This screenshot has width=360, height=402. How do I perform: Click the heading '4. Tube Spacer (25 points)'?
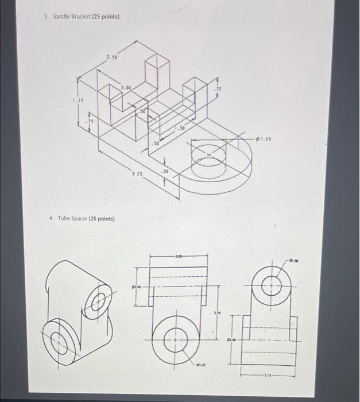pyautogui.click(x=82, y=219)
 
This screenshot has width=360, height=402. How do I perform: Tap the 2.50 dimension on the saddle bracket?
pyautogui.click(x=111, y=58)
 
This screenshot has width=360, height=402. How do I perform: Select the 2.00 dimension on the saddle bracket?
pyautogui.click(x=126, y=87)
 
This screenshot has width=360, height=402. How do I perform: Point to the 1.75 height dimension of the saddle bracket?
pyautogui.click(x=78, y=100)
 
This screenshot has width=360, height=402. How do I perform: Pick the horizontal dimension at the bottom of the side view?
pyautogui.click(x=268, y=376)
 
